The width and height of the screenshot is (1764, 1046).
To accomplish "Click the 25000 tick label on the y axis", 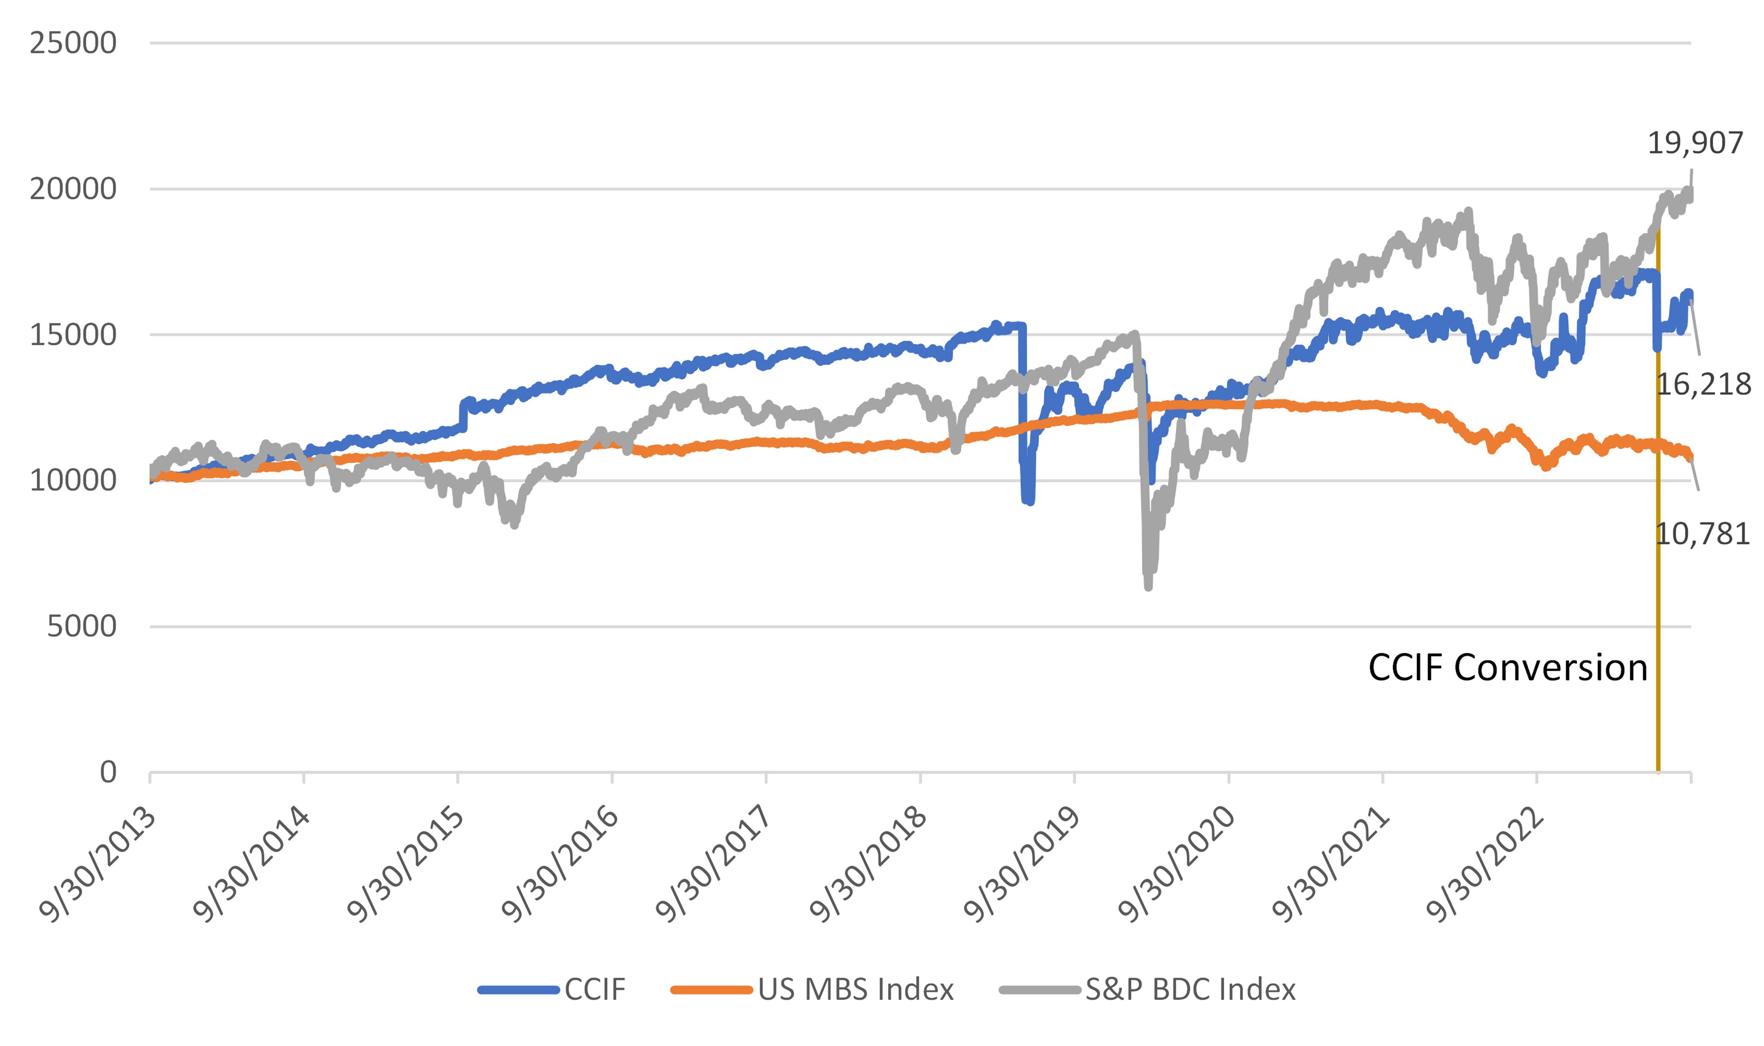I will point(73,43).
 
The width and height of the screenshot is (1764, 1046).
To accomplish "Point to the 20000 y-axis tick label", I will point(73,189).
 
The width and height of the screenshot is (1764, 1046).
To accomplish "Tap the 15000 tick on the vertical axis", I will point(73,335).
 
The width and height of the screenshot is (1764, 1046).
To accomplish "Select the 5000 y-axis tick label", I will point(81,626).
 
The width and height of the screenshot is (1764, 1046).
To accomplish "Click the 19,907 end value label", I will point(1694,143).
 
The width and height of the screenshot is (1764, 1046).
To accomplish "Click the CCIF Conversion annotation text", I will point(1507,667).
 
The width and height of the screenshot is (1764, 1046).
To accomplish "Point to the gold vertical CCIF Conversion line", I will point(1658,564).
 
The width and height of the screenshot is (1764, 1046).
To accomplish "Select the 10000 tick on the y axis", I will point(73,481).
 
